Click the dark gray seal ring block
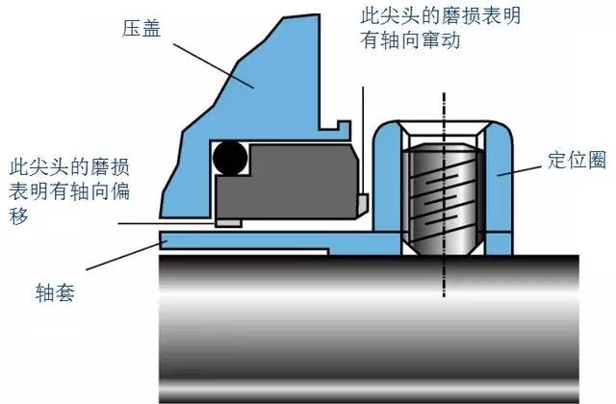click(x=289, y=183)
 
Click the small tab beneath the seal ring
click(x=227, y=223)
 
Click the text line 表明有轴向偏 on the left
click(x=81, y=189)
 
